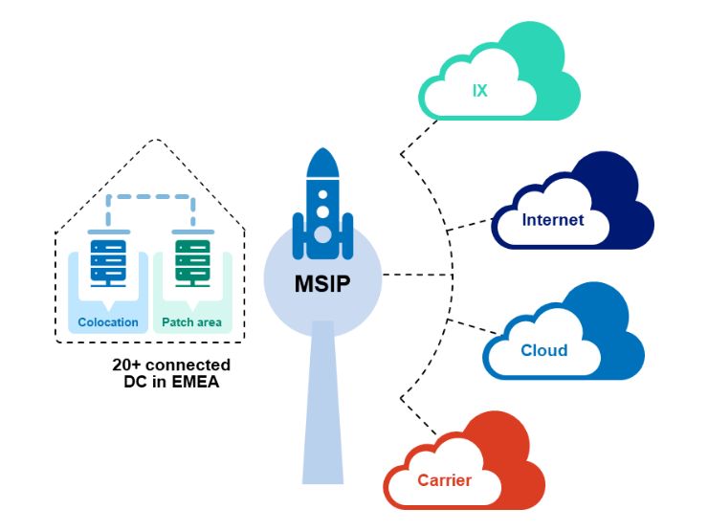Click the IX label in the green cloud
click(x=480, y=92)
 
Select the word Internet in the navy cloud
click(x=552, y=220)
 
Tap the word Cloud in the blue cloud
click(x=543, y=350)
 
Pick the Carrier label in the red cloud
click(x=445, y=479)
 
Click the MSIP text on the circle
click(x=322, y=283)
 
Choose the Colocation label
click(x=108, y=322)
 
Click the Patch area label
click(x=191, y=322)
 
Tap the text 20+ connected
click(x=171, y=365)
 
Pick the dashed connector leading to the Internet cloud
click(x=469, y=224)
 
